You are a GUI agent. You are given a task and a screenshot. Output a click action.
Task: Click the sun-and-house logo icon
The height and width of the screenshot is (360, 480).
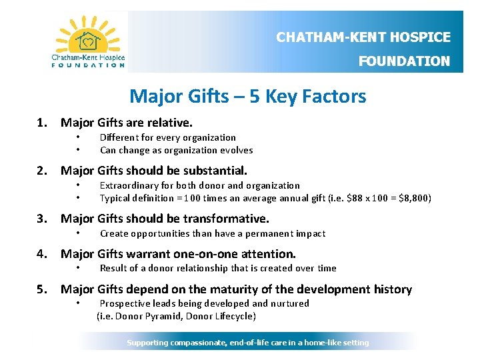pyautogui.click(x=88, y=38)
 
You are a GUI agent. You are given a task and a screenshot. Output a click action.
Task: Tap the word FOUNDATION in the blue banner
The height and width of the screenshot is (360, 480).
pyautogui.click(x=404, y=61)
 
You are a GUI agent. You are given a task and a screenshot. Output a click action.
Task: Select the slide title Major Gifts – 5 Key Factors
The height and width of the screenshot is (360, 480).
pyautogui.click(x=248, y=97)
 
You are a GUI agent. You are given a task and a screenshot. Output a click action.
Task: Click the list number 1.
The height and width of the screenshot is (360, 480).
pyautogui.click(x=42, y=123)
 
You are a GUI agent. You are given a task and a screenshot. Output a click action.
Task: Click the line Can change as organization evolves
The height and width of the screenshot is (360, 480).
pyautogui.click(x=176, y=150)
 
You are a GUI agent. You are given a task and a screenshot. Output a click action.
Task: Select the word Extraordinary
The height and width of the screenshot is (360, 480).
pyautogui.click(x=127, y=185)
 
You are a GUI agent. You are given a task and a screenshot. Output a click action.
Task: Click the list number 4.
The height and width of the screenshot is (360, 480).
pyautogui.click(x=42, y=254)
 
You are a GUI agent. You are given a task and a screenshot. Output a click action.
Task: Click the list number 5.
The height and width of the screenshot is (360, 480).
pyautogui.click(x=42, y=289)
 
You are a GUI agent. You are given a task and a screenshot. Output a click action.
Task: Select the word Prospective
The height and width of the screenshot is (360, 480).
pyautogui.click(x=125, y=303)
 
